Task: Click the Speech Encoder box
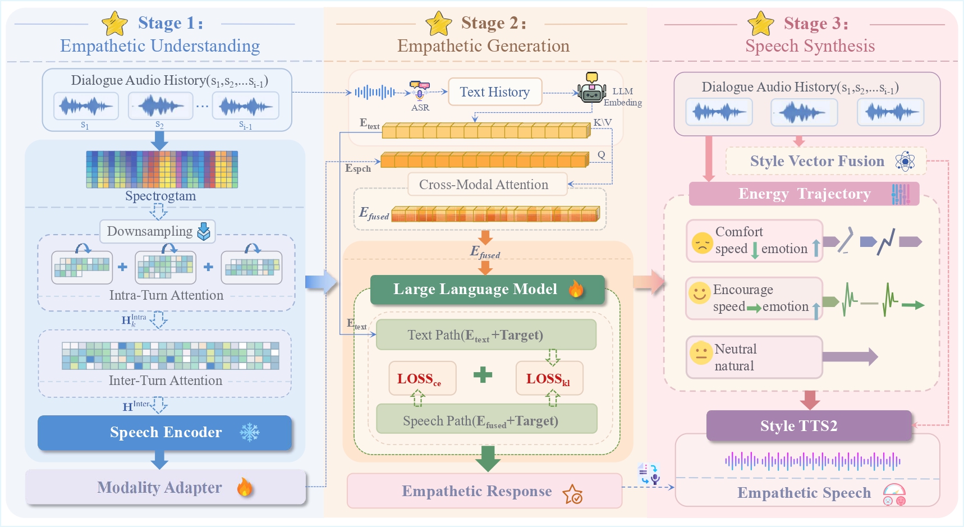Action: click(x=164, y=432)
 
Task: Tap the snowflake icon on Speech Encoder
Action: click(x=250, y=432)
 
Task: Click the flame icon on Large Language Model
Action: click(x=576, y=288)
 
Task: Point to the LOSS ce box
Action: click(x=422, y=379)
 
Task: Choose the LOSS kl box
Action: click(x=549, y=379)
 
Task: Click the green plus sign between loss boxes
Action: click(x=483, y=374)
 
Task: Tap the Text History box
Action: click(x=495, y=92)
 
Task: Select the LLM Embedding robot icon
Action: click(x=591, y=89)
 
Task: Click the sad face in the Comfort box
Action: click(x=702, y=242)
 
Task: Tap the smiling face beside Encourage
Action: click(x=699, y=293)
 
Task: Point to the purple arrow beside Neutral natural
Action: click(x=850, y=356)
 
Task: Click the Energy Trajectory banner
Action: click(x=804, y=194)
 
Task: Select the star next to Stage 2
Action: click(x=439, y=24)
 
